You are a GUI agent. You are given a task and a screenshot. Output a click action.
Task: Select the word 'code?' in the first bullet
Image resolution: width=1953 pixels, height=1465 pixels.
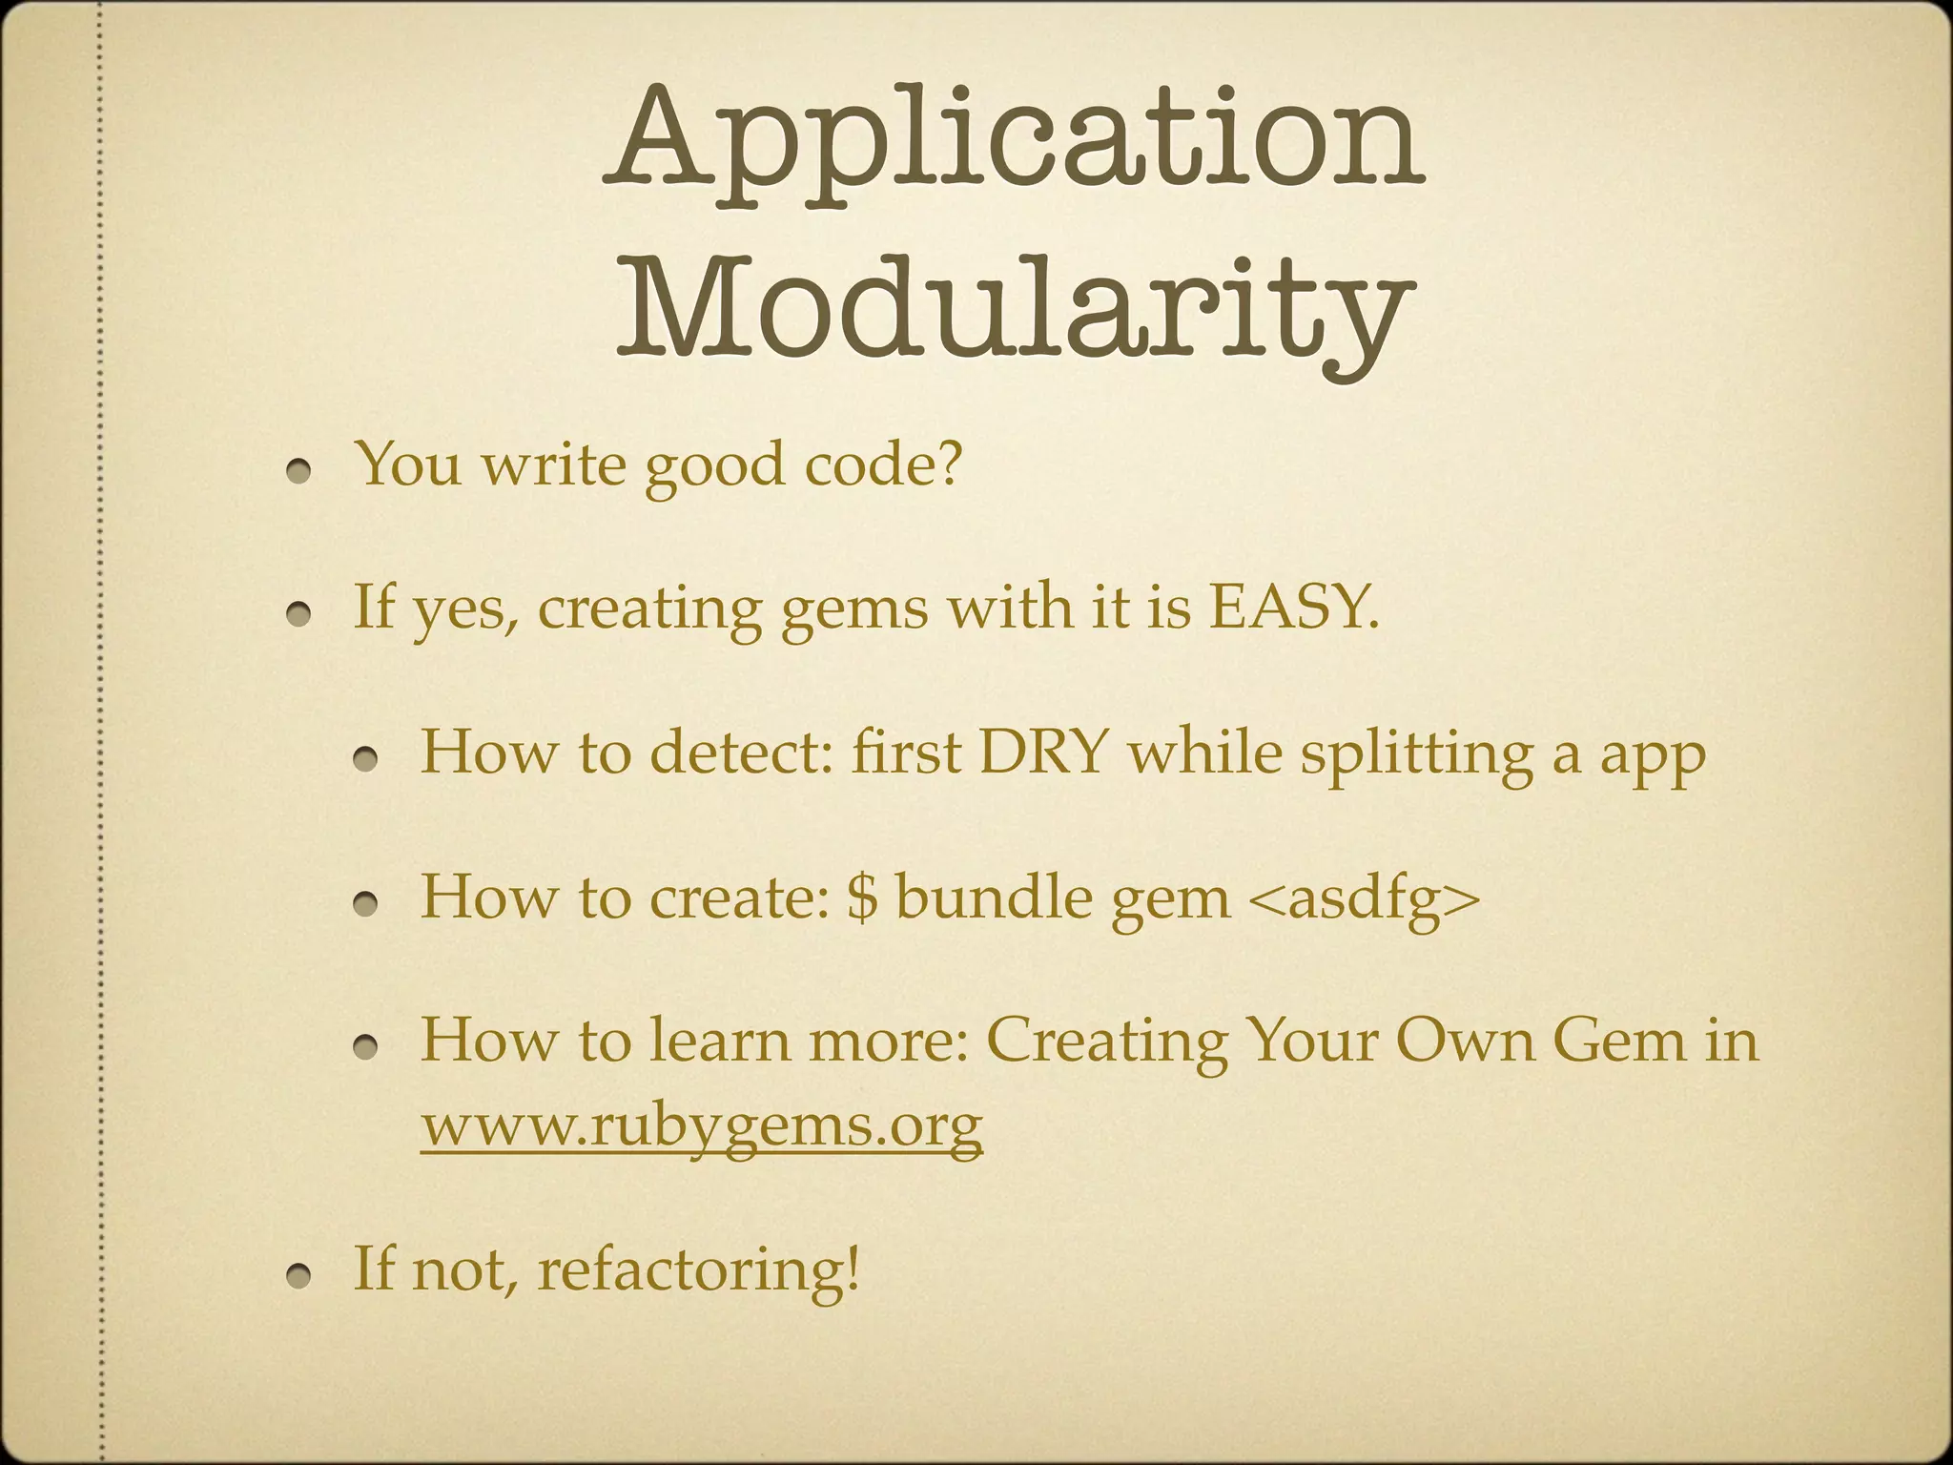883,464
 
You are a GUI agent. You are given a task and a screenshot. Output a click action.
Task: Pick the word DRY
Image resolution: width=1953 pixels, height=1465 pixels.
1044,753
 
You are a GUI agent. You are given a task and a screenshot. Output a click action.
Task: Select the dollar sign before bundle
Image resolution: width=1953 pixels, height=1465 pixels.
861,898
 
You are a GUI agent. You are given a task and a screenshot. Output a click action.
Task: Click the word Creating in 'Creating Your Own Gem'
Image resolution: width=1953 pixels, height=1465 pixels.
1106,1041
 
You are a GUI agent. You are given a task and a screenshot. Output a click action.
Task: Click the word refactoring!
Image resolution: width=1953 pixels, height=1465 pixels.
698,1269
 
